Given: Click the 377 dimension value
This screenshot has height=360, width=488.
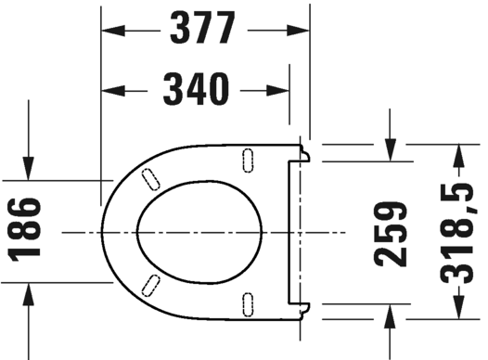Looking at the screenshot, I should [x=204, y=30].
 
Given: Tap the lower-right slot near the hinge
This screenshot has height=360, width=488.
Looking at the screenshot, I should [x=249, y=301].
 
